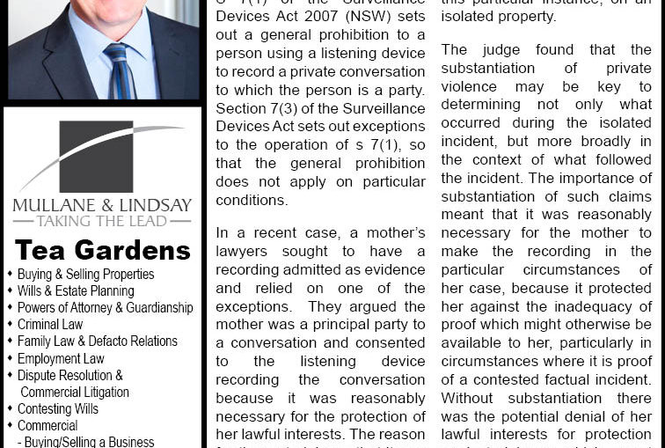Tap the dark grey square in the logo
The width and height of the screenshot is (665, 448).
coord(96,156)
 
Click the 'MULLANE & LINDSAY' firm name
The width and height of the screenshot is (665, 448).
coord(102,206)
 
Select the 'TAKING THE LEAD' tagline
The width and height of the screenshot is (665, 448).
coord(102,221)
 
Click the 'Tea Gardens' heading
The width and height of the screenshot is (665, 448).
coord(102,250)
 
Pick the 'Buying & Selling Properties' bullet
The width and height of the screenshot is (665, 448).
coord(85,275)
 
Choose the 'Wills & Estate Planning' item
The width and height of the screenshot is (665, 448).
coord(76,291)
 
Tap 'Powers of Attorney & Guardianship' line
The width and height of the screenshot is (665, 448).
coord(105,308)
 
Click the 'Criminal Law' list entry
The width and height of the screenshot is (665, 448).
coord(50,325)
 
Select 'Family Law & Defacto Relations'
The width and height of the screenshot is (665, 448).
coord(97,342)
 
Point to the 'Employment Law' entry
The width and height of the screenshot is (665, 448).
coord(61,358)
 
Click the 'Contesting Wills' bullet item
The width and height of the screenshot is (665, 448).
coord(58,408)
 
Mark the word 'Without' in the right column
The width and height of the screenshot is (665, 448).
coord(471,399)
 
